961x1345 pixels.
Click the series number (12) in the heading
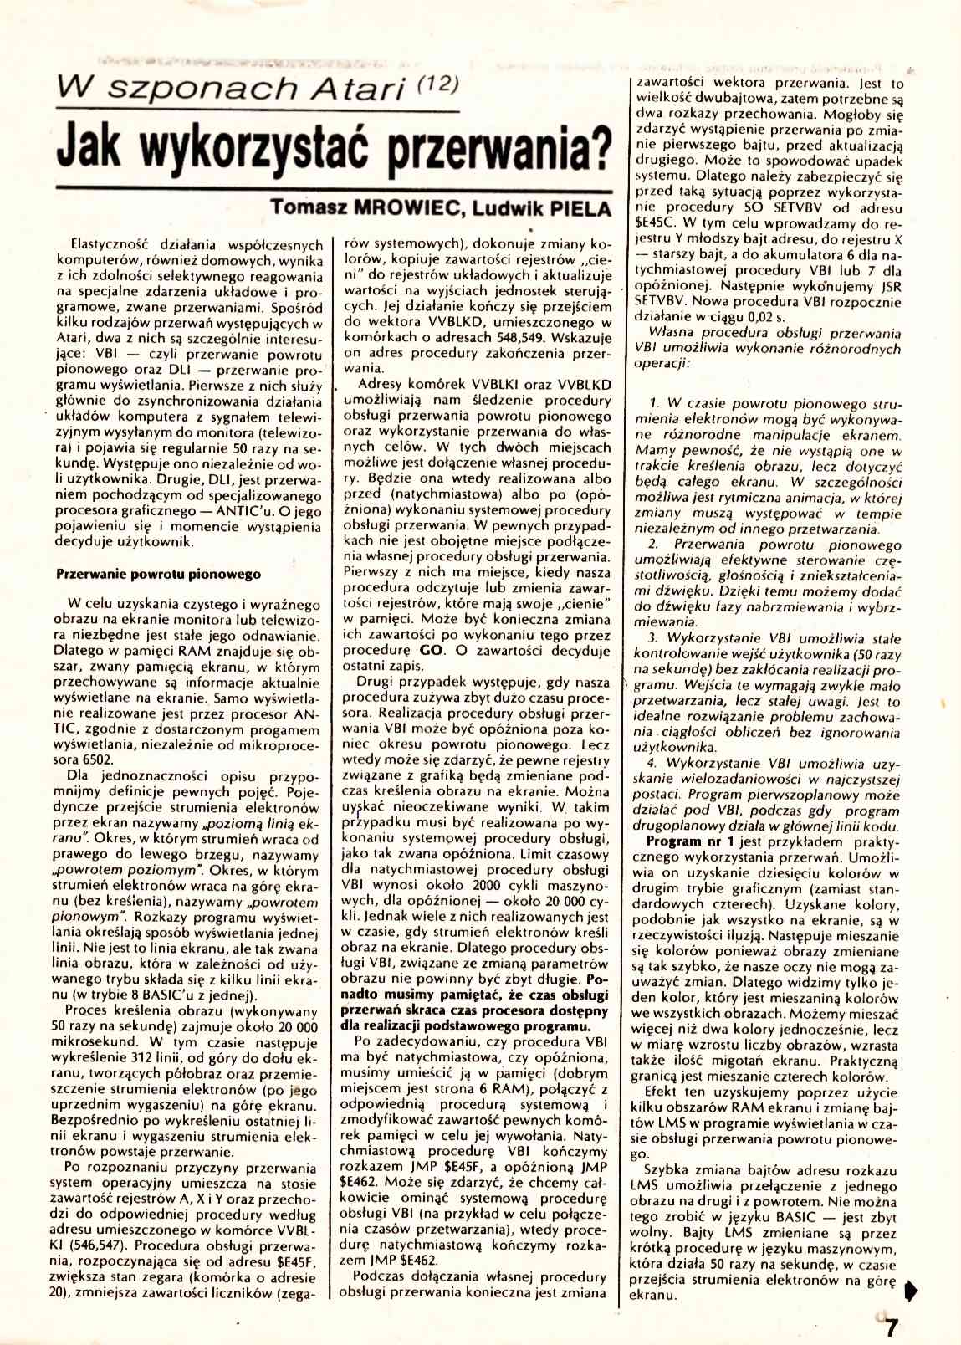[x=432, y=81]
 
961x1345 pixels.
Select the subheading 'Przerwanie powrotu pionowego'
[x=158, y=574]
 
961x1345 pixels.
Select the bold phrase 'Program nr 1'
[x=691, y=841]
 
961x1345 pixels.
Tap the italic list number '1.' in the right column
[x=655, y=403]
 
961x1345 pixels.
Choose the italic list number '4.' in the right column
[x=655, y=763]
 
